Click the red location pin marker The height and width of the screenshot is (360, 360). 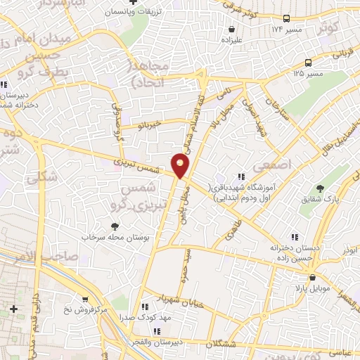181,166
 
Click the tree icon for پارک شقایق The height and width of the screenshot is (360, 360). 321,188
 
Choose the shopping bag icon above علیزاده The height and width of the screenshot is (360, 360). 231,30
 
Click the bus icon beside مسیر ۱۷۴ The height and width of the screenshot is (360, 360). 286,19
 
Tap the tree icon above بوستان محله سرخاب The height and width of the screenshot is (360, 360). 115,226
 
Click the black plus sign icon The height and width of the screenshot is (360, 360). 14,309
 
